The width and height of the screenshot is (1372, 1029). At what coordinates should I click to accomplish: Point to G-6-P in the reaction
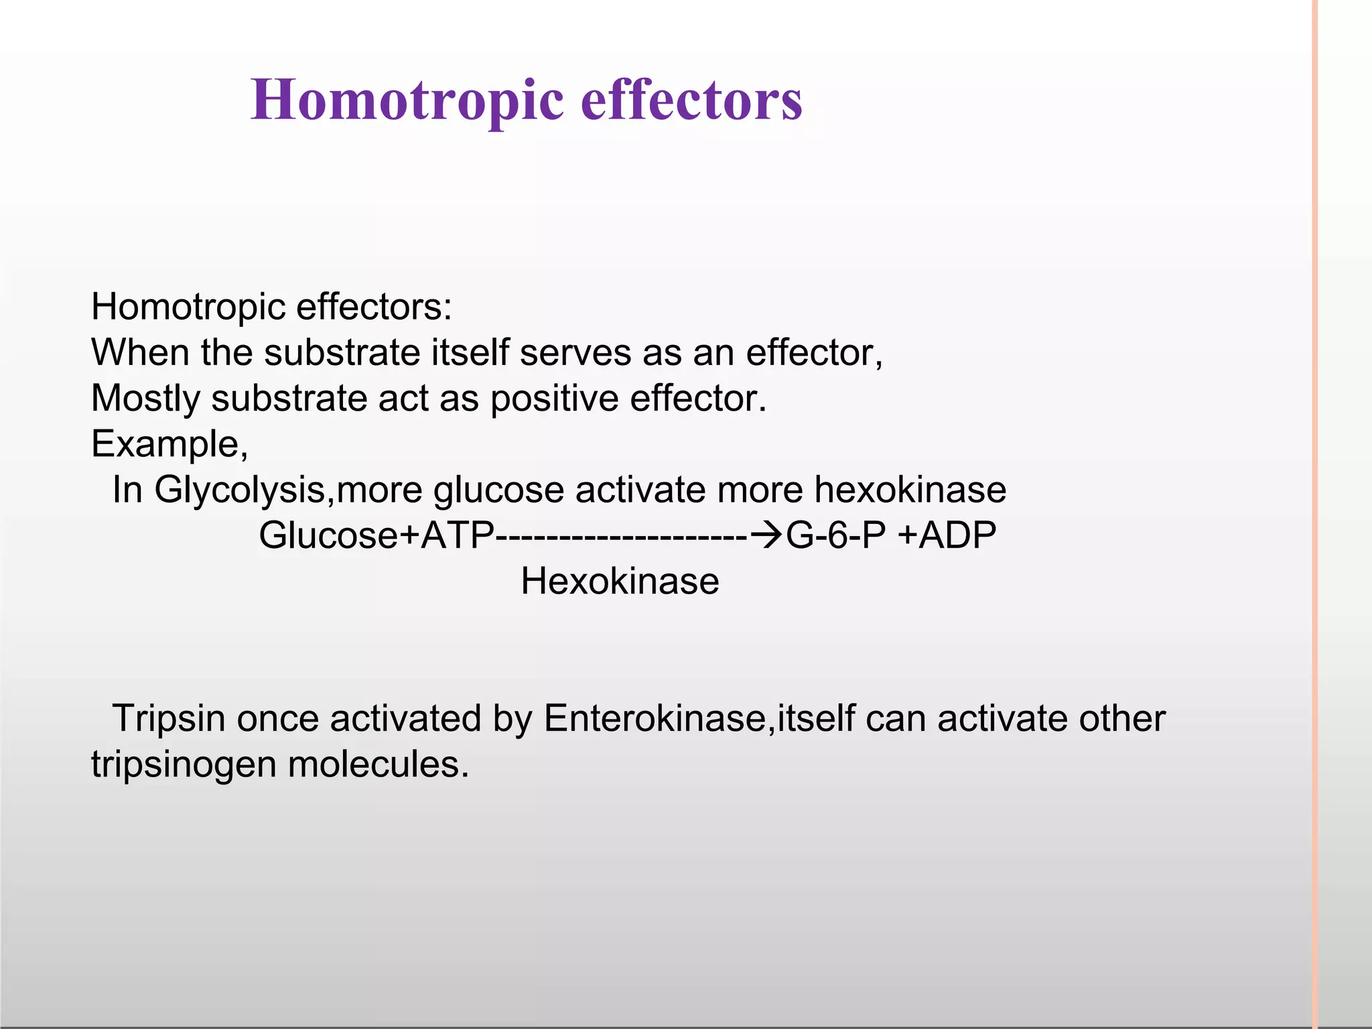tap(835, 535)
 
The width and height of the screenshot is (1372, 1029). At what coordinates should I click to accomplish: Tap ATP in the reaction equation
tap(457, 535)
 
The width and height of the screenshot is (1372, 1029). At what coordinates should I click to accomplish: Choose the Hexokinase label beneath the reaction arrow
tap(620, 581)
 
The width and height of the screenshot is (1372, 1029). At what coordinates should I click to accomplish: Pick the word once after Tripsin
tap(277, 719)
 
